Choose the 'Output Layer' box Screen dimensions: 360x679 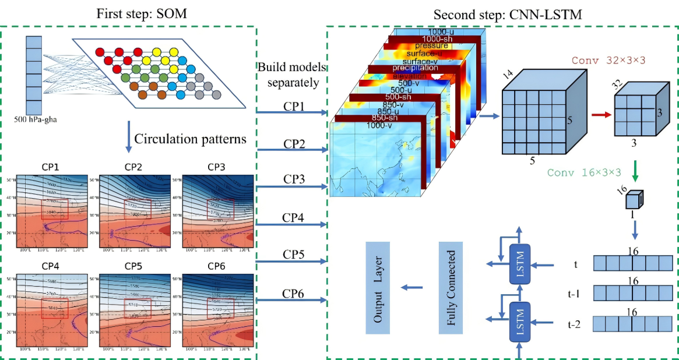pyautogui.click(x=378, y=289)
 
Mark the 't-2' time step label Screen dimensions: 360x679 pyautogui.click(x=575, y=323)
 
